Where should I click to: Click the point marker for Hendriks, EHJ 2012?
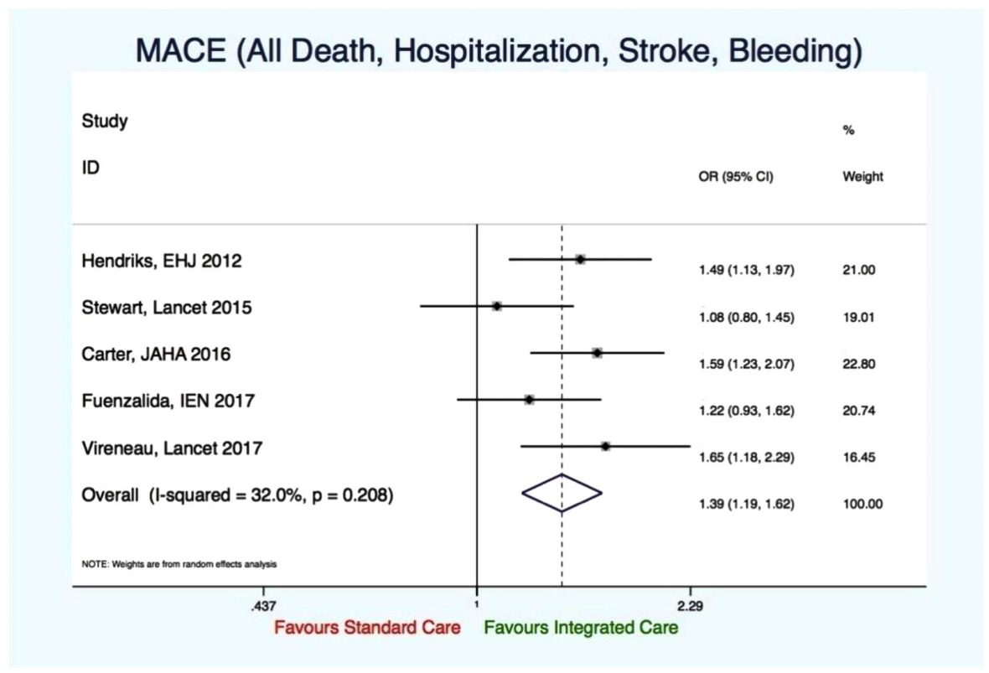pos(580,260)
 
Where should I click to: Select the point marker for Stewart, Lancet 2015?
pos(497,306)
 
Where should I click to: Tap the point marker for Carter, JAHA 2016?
pos(597,353)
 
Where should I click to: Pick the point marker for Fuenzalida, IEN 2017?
pos(529,400)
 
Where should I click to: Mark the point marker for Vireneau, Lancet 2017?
pos(605,446)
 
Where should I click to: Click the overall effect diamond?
pos(562,493)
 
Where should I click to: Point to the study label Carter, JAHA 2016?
pos(156,355)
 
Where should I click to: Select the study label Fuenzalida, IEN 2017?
pos(168,401)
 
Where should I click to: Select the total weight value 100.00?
pos(862,505)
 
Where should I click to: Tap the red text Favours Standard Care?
pos(367,628)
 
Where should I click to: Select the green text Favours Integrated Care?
pos(581,628)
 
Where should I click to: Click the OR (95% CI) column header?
pos(735,178)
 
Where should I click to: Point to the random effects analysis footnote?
pos(179,564)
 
